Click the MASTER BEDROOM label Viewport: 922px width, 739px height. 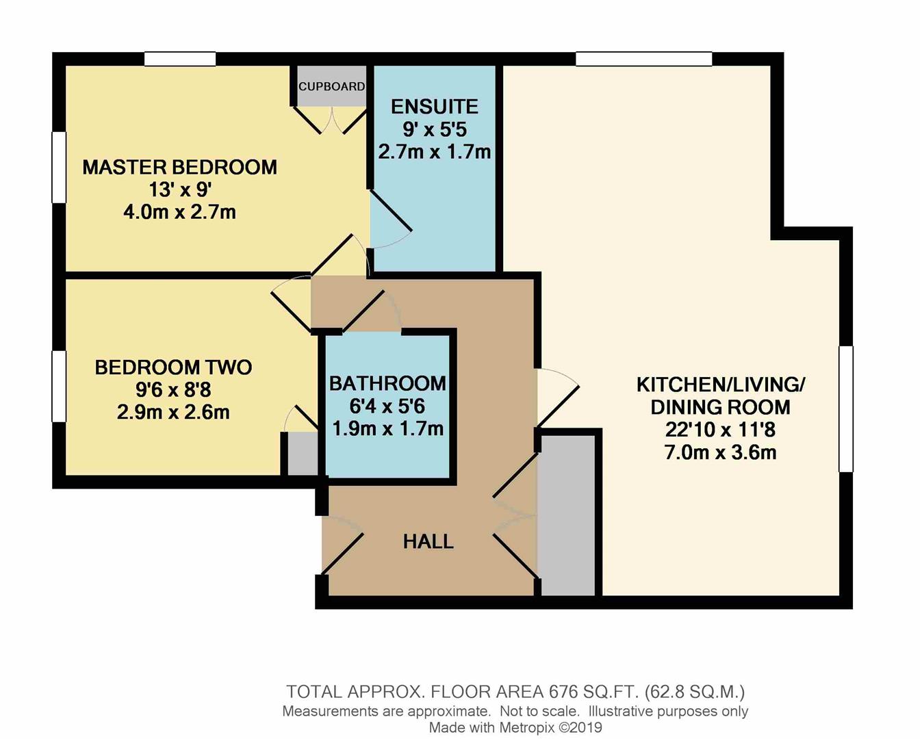[179, 167]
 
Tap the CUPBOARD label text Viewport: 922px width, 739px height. [331, 86]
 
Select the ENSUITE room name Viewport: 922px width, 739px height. [434, 107]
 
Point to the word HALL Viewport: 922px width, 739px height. [428, 542]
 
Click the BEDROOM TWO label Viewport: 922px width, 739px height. [173, 367]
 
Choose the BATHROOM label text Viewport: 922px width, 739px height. [387, 383]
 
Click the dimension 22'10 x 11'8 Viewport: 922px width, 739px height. [720, 430]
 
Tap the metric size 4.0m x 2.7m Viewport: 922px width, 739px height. [179, 212]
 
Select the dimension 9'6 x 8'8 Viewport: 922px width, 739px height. [173, 390]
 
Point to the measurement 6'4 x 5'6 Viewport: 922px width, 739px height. [387, 406]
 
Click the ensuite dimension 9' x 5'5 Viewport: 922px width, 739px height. [434, 129]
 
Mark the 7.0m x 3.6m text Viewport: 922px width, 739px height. [720, 452]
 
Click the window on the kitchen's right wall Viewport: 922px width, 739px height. [846, 409]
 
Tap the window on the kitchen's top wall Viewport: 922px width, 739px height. [643, 59]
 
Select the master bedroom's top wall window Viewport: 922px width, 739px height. [180, 59]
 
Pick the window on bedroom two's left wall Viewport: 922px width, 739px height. [59, 386]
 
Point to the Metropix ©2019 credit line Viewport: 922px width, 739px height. [515, 728]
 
